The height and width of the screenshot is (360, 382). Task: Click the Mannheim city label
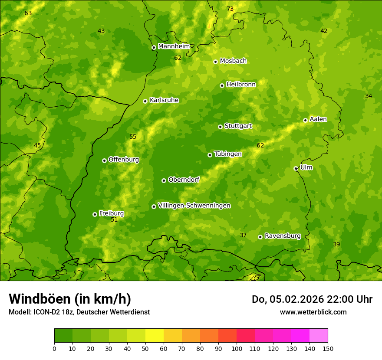pyautogui.click(x=174, y=46)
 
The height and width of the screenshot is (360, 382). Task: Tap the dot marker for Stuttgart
pyautogui.click(x=220, y=127)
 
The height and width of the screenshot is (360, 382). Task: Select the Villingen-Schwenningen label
pyautogui.click(x=194, y=206)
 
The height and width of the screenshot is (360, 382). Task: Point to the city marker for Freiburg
pyautogui.click(x=95, y=214)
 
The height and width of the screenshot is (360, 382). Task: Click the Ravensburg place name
pyautogui.click(x=283, y=236)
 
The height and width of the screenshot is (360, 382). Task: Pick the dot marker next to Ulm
pyautogui.click(x=296, y=168)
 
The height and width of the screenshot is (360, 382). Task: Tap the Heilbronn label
pyautogui.click(x=241, y=85)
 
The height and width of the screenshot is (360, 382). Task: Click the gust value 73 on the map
pyautogui.click(x=230, y=9)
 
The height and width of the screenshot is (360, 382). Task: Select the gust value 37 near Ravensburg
pyautogui.click(x=243, y=236)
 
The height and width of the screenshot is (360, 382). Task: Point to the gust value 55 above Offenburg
pyautogui.click(x=133, y=137)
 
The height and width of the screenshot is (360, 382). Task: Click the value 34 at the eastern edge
pyautogui.click(x=369, y=96)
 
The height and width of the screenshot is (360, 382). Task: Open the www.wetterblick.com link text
pyautogui.click(x=313, y=312)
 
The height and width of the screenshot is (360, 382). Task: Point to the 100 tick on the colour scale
pyautogui.click(x=237, y=348)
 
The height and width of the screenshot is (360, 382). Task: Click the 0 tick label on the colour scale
pyautogui.click(x=54, y=348)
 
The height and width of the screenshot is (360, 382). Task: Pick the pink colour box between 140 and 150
pyautogui.click(x=319, y=336)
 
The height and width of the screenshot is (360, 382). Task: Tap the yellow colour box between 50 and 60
pyautogui.click(x=155, y=336)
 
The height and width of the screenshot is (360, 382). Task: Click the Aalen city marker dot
pyautogui.click(x=305, y=120)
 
